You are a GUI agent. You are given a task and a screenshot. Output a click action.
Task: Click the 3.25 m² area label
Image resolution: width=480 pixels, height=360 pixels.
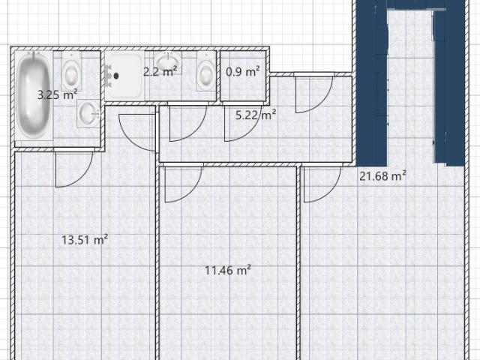(x=57, y=94)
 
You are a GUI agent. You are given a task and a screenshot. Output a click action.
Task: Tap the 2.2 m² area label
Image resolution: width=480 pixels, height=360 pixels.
(x=160, y=71)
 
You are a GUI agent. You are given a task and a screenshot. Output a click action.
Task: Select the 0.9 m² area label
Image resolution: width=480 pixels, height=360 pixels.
(x=243, y=72)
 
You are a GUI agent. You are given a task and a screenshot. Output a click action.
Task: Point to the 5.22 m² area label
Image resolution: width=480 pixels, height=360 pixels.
(x=256, y=115)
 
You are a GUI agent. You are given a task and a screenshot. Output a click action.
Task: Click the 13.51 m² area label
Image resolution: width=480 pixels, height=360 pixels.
(x=85, y=239)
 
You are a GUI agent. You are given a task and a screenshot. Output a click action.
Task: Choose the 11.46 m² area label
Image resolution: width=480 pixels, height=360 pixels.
(x=228, y=270)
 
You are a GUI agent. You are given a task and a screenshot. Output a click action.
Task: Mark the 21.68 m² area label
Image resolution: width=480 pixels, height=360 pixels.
(x=382, y=176)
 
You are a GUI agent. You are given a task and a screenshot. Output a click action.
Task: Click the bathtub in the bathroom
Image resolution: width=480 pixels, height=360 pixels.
(x=34, y=95)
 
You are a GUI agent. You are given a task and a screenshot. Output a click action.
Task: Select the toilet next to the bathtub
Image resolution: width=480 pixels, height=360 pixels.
(x=71, y=72)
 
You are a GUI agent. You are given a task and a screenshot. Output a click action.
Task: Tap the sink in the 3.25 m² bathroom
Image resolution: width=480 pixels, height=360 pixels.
(x=88, y=113)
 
